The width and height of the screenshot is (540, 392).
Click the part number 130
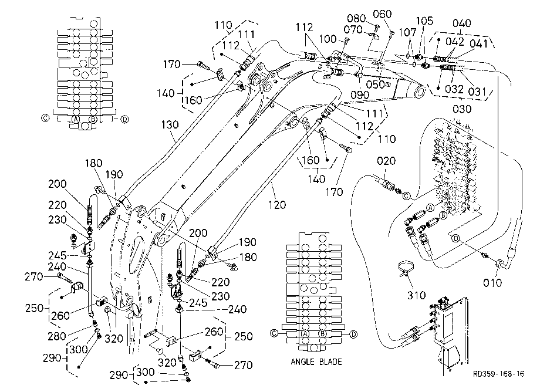pyautogui.click(x=170, y=124)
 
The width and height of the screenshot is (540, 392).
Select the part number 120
pyautogui.click(x=277, y=205)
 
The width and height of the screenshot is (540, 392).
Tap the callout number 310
pyautogui.click(x=417, y=295)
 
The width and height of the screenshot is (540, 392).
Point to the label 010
pyautogui.click(x=492, y=283)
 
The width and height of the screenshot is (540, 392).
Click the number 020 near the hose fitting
pyautogui.click(x=386, y=161)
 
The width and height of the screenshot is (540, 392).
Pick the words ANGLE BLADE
pyautogui.click(x=316, y=361)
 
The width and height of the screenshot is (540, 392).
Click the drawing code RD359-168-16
pyautogui.click(x=499, y=374)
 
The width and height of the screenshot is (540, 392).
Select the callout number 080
pyautogui.click(x=356, y=18)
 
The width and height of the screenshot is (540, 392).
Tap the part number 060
pyautogui.click(x=382, y=14)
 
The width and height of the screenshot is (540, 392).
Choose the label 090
pyautogui.click(x=360, y=95)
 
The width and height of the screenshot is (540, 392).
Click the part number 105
pyautogui.click(x=424, y=21)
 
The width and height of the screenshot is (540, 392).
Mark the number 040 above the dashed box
pyautogui.click(x=461, y=23)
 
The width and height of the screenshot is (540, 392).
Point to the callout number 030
pyautogui.click(x=461, y=109)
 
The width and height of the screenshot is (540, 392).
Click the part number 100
pyautogui.click(x=328, y=39)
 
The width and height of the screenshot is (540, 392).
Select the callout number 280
pyautogui.click(x=57, y=336)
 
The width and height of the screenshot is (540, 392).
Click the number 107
pyautogui.click(x=408, y=32)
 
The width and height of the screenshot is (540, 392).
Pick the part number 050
pyautogui.click(x=375, y=85)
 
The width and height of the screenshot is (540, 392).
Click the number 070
pyautogui.click(x=353, y=29)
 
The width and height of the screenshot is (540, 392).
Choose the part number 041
pyautogui.click(x=479, y=43)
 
